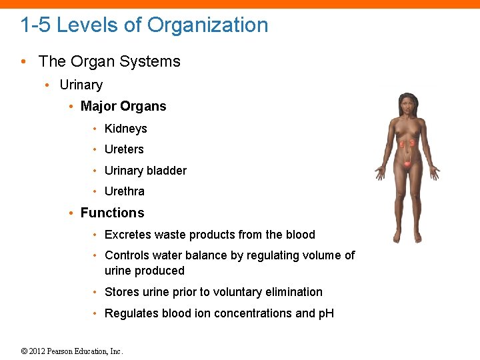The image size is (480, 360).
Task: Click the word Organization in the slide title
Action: click(207, 25)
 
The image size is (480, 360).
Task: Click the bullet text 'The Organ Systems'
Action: click(109, 61)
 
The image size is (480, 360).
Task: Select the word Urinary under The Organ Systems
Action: click(81, 85)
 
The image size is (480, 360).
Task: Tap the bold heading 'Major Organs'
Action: click(123, 106)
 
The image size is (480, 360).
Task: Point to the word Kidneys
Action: click(125, 129)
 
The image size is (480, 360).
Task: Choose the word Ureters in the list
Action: click(124, 149)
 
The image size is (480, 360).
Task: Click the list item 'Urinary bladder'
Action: click(145, 171)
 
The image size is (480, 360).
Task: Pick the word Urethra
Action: click(124, 191)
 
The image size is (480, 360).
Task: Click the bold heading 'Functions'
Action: click(112, 213)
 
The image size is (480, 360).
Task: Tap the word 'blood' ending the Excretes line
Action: click(300, 235)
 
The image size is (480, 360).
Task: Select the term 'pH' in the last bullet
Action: click(326, 313)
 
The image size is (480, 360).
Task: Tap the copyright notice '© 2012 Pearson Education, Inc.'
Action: click(72, 351)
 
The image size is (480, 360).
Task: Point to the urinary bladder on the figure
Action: click(407, 163)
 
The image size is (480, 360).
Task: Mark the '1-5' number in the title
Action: click(35, 25)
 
